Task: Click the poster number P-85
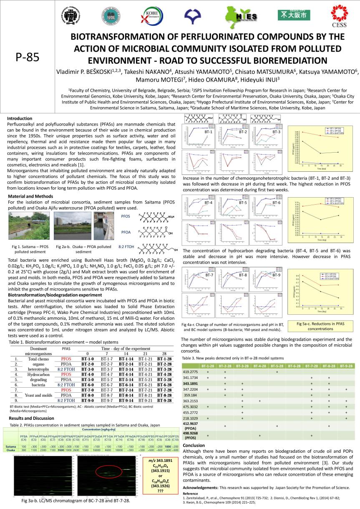(x=27, y=58)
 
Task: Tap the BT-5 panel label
(x=243, y=203)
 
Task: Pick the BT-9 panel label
(x=277, y=275)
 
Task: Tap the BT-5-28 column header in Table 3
(x=277, y=366)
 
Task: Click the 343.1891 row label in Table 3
(x=190, y=384)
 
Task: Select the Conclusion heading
(x=194, y=445)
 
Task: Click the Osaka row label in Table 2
(x=11, y=450)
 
